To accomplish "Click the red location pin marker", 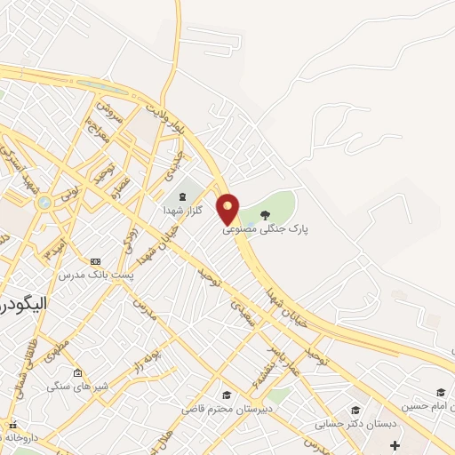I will coord(228,208).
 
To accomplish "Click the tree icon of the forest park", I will coord(265,214).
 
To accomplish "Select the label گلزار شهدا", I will coord(182,210).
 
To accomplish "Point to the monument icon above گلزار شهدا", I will coord(182,196).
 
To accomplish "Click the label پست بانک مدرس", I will coord(96,275).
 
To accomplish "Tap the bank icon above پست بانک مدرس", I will coord(95,261).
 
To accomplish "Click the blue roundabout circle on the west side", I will coord(43,204).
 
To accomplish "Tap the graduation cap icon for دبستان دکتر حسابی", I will coord(355,410).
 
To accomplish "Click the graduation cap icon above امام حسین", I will coord(441,392).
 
